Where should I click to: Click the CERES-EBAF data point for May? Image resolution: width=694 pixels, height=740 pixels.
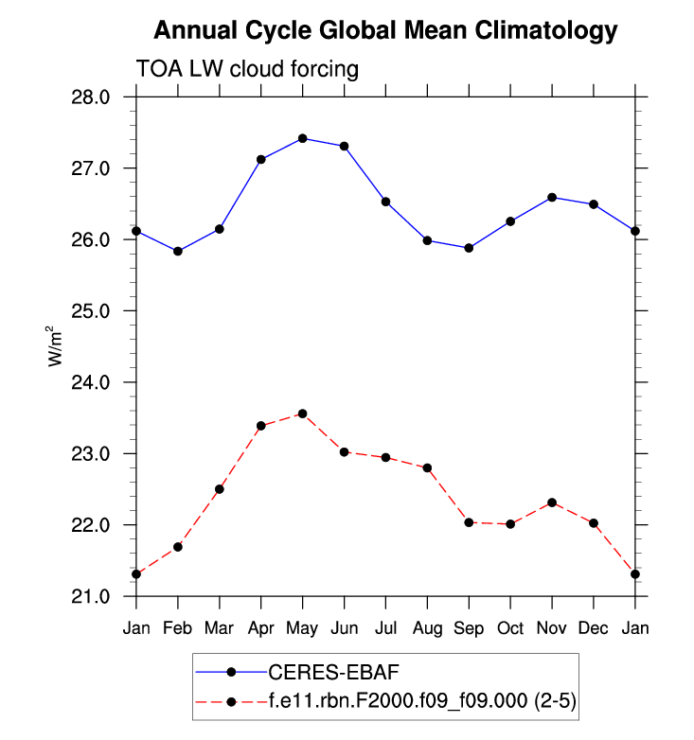pyautogui.click(x=303, y=138)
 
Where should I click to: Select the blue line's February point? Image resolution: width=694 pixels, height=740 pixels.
pyautogui.click(x=178, y=251)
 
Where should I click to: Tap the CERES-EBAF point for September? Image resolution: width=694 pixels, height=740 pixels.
pyautogui.click(x=470, y=248)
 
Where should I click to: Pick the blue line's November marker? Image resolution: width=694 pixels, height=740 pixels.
pyautogui.click(x=552, y=197)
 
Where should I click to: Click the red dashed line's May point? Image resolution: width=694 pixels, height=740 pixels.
pyautogui.click(x=303, y=414)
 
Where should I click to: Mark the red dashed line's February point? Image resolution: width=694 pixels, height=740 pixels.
pyautogui.click(x=178, y=547)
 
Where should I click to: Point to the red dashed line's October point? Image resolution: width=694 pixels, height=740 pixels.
pyautogui.click(x=511, y=524)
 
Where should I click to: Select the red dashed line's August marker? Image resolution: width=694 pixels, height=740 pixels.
pyautogui.click(x=428, y=467)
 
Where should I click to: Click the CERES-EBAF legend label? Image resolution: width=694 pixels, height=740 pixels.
pyautogui.click(x=333, y=672)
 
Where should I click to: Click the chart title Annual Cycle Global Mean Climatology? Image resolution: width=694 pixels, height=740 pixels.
pyautogui.click(x=385, y=30)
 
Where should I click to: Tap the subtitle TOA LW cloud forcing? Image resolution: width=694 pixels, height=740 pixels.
pyautogui.click(x=247, y=69)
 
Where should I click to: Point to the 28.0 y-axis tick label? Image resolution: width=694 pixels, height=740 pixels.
pyautogui.click(x=92, y=97)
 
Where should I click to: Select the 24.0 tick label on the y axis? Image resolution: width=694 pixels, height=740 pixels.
pyautogui.click(x=92, y=382)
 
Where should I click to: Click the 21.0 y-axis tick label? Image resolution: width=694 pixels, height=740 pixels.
pyautogui.click(x=92, y=596)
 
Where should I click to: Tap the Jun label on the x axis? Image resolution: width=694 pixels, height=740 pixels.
pyautogui.click(x=344, y=628)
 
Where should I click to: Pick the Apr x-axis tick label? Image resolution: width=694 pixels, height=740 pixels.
pyautogui.click(x=261, y=628)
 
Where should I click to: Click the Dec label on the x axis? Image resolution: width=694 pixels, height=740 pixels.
pyautogui.click(x=594, y=628)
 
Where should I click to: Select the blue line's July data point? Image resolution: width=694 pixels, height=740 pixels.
pyautogui.click(x=386, y=202)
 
